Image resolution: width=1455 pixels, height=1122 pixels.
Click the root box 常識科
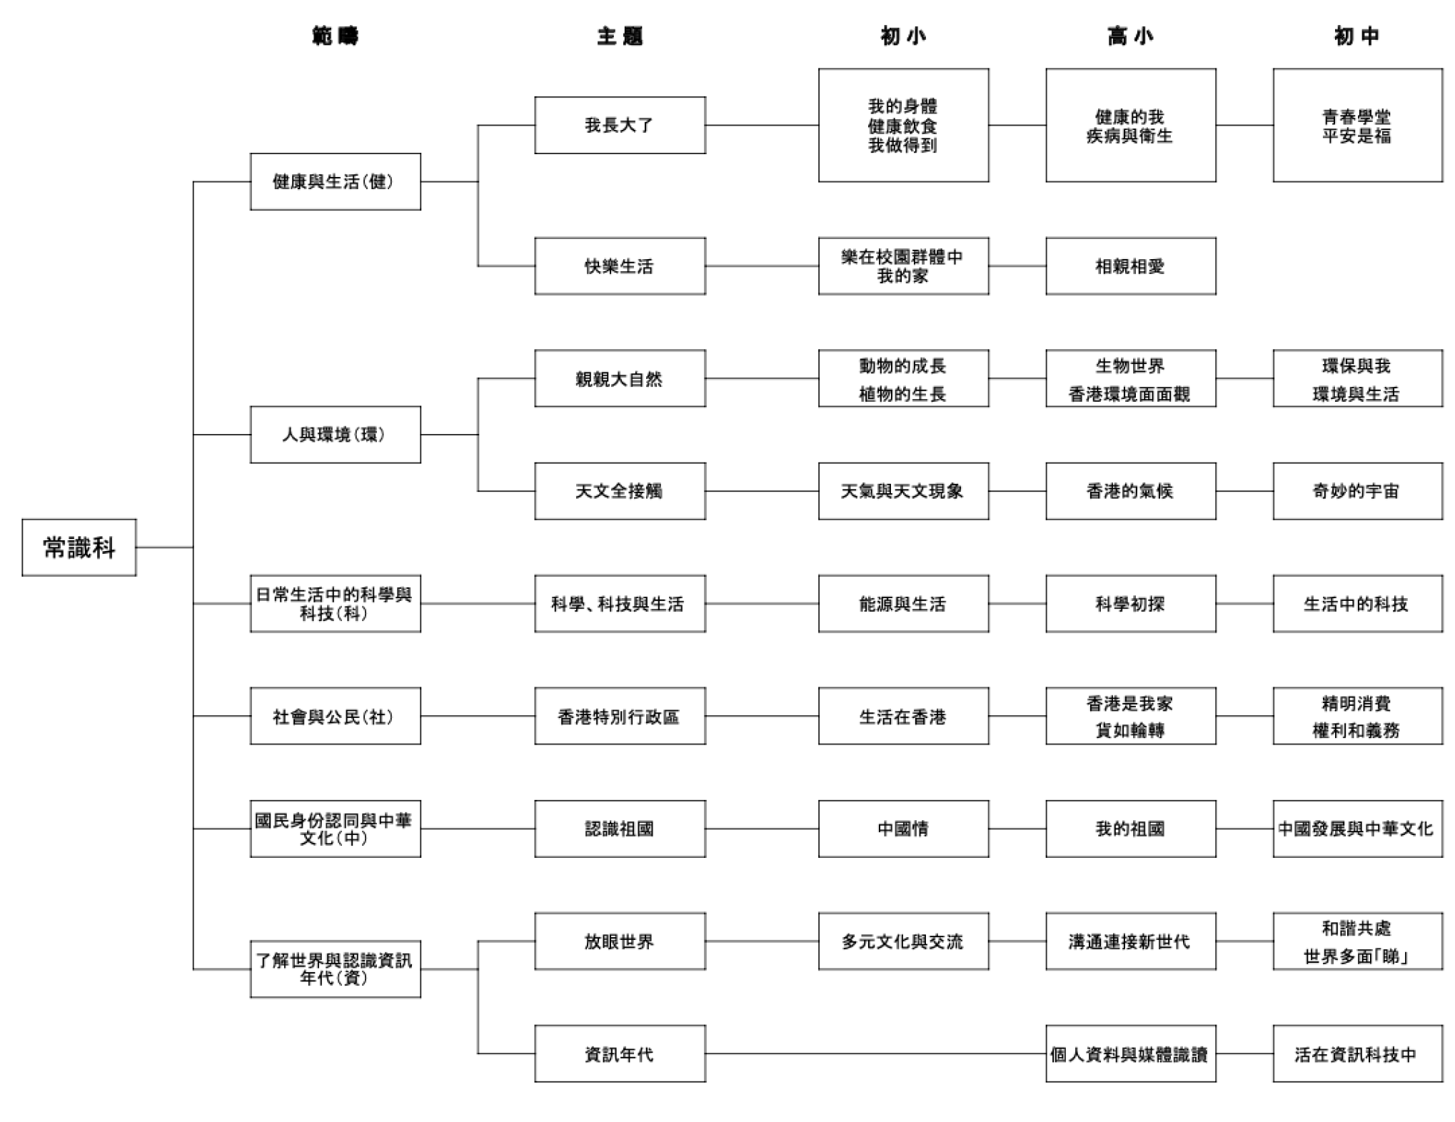[x=79, y=547]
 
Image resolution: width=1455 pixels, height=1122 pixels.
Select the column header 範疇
[x=335, y=36]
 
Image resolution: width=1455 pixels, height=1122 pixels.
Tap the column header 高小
[x=1130, y=36]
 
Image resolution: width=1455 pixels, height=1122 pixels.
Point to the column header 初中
[x=1356, y=36]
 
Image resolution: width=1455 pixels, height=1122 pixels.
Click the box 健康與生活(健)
[x=335, y=181]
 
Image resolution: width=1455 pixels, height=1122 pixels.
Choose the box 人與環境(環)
[x=335, y=435]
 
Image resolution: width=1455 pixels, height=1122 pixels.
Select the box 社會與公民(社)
[x=335, y=716]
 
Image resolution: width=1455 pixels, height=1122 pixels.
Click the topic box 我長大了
[x=620, y=125]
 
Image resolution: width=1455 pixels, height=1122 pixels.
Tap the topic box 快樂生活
[x=620, y=266]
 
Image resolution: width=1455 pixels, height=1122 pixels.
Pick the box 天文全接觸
[x=620, y=491]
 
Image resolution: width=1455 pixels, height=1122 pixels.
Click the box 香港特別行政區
[x=620, y=716]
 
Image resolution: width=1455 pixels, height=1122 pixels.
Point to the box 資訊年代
[x=620, y=1053]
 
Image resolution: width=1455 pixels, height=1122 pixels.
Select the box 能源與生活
[x=903, y=604]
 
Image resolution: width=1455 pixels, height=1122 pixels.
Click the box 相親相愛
[x=1131, y=266]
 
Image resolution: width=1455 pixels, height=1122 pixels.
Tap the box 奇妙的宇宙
[x=1357, y=491]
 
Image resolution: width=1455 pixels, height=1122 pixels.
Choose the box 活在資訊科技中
[x=1357, y=1053]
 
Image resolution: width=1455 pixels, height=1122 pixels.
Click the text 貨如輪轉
[x=1130, y=730]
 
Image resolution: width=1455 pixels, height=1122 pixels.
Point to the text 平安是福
[x=1356, y=136]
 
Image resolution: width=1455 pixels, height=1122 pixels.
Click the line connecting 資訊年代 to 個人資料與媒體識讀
[x=875, y=1053]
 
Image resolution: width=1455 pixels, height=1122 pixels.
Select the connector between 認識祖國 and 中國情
[x=762, y=829]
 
